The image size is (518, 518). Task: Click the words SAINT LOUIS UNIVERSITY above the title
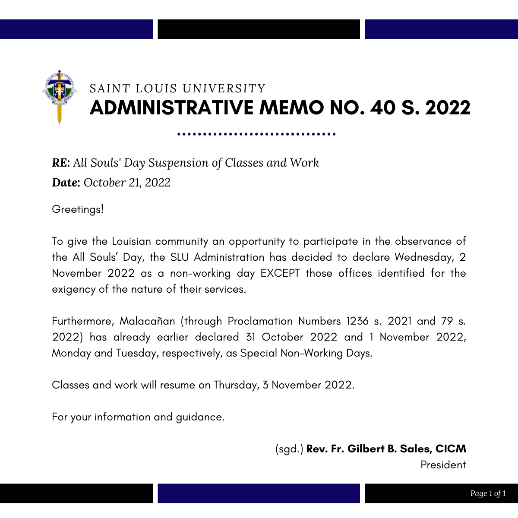click(x=177, y=88)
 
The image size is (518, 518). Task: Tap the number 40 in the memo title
click(x=382, y=108)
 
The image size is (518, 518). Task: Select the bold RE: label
click(x=61, y=163)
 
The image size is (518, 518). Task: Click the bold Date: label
click(x=66, y=183)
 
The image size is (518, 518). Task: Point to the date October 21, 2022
click(x=127, y=183)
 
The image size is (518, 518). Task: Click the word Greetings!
click(x=78, y=209)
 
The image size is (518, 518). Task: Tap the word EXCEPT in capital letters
click(x=280, y=273)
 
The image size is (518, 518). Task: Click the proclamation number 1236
click(x=357, y=321)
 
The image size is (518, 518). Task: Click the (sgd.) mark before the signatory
click(x=289, y=449)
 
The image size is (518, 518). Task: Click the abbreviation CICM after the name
click(x=451, y=449)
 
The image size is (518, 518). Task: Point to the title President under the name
click(x=443, y=465)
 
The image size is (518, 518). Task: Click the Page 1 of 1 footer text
click(x=488, y=493)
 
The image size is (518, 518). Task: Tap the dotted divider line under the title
click(x=256, y=134)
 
